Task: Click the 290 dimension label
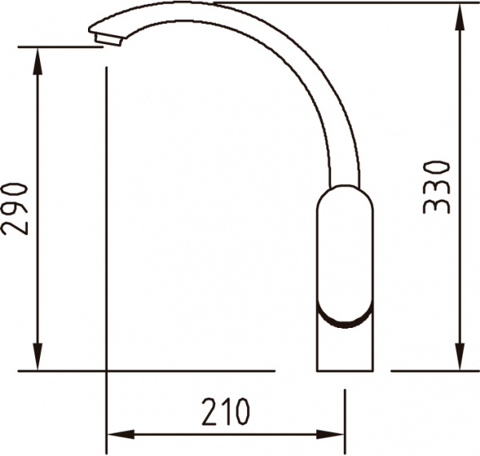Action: coord(14,210)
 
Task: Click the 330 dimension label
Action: coord(437,187)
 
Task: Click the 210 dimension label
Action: coord(226,412)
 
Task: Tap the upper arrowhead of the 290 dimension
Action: coord(38,62)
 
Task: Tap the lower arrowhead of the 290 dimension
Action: coord(38,357)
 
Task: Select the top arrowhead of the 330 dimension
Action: coord(459,17)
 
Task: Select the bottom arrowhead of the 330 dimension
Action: coord(459,357)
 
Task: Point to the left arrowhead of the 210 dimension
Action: coord(122,434)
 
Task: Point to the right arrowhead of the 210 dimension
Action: coord(330,434)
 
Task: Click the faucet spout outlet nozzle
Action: coord(108,40)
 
